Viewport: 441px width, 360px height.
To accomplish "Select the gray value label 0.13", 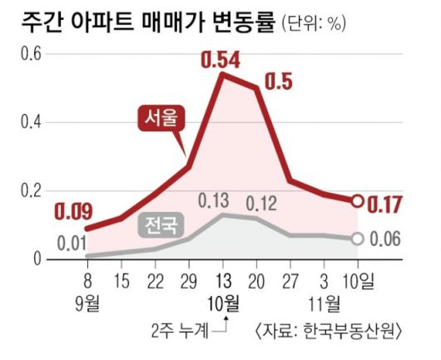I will pyautogui.click(x=216, y=201).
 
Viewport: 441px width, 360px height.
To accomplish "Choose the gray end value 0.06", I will pyautogui.click(x=384, y=239).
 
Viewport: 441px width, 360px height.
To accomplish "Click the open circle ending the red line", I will pyautogui.click(x=358, y=200).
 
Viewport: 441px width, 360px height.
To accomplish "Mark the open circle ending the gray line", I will pyautogui.click(x=358, y=239).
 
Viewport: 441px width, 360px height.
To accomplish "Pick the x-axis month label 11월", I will pyautogui.click(x=325, y=300).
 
